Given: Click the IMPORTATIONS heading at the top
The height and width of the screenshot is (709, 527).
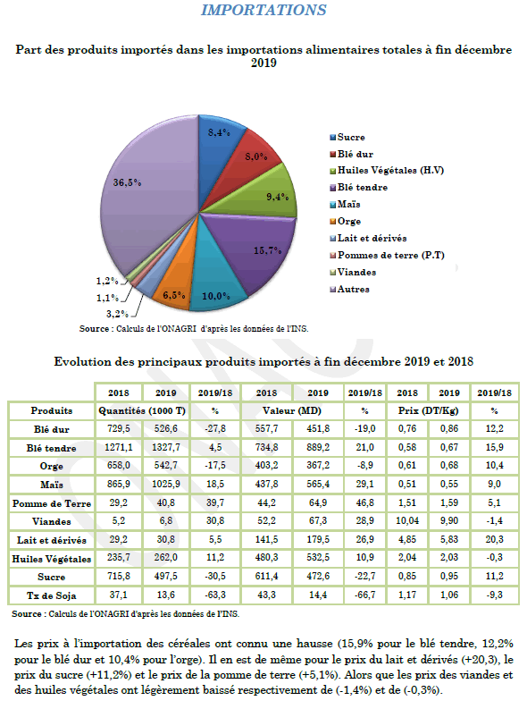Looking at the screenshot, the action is [263, 10].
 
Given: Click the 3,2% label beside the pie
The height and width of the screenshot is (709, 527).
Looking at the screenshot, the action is [117, 314].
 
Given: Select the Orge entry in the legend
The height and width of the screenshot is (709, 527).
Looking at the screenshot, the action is [346, 221].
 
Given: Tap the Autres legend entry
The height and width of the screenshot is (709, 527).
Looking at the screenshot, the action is [349, 290].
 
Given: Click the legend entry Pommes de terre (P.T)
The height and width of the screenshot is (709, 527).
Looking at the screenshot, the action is [387, 256].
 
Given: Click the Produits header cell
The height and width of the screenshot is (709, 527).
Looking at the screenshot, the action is [52, 410].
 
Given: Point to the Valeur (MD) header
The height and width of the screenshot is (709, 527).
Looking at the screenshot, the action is [292, 411].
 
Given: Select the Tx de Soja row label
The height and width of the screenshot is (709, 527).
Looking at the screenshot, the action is [52, 595].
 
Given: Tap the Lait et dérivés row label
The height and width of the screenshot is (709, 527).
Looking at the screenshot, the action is [52, 540].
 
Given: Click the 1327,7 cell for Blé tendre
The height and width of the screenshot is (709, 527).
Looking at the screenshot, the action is [166, 447].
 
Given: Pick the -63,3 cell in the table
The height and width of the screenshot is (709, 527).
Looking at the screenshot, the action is [215, 595].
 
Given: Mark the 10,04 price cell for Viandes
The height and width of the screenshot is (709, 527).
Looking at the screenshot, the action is [407, 521].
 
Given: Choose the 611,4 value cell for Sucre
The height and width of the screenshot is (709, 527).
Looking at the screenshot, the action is [266, 577].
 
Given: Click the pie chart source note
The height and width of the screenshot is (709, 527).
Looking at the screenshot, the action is [194, 329].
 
